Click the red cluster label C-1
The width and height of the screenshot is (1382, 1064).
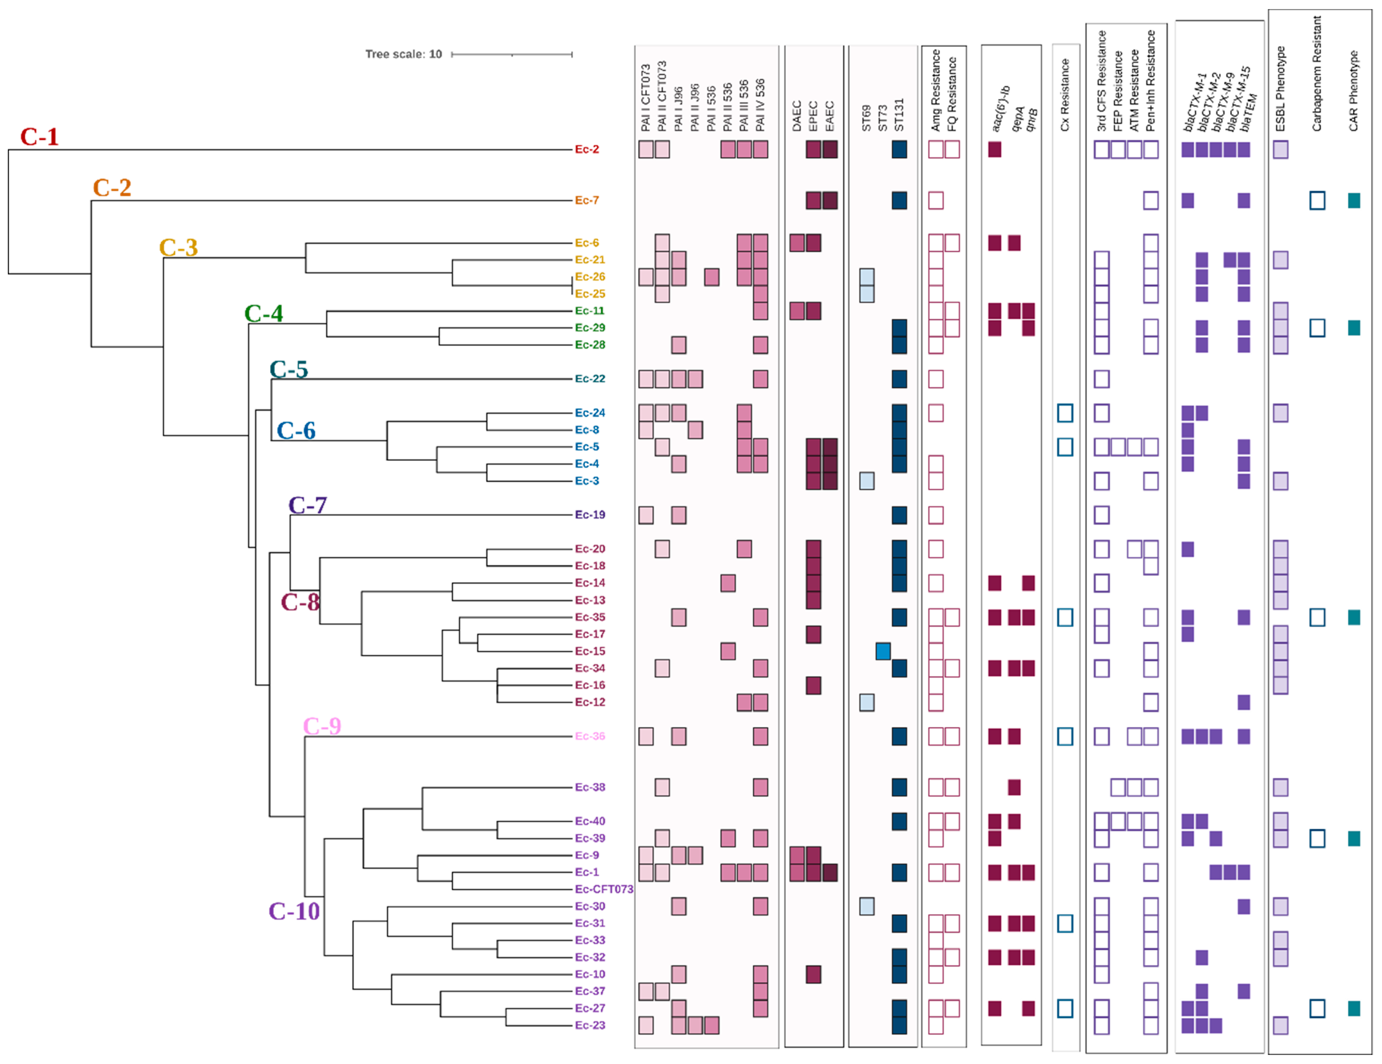click(x=39, y=137)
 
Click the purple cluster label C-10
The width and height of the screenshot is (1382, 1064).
click(x=294, y=911)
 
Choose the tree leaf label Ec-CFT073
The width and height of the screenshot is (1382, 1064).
click(x=604, y=889)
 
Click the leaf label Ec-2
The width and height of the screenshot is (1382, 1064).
click(x=586, y=149)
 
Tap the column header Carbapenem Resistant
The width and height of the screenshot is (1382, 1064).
click(x=1317, y=74)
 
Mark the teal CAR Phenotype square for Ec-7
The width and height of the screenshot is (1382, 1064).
click(x=1354, y=201)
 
